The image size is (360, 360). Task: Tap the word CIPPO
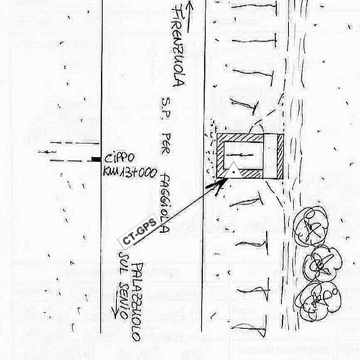pyautogui.click(x=120, y=158)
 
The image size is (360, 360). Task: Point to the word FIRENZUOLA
pyautogui.click(x=179, y=46)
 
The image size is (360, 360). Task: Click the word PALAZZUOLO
pyautogui.click(x=138, y=301)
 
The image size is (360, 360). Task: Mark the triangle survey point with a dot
pyautogui.click(x=233, y=171)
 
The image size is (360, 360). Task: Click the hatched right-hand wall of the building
pyautogui.click(x=280, y=156)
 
